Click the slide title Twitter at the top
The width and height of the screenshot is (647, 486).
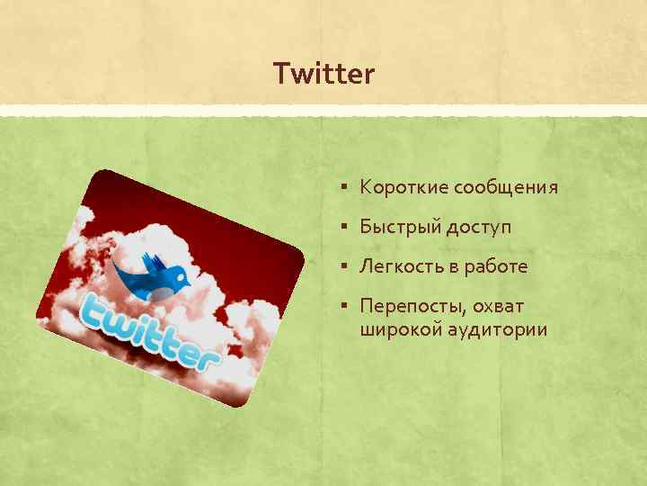tap(323, 74)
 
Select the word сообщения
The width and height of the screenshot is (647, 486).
tap(506, 188)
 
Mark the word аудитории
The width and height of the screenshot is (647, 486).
tap(497, 331)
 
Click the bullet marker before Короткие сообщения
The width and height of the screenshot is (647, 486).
tap(346, 189)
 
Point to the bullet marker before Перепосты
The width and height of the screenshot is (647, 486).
tap(346, 308)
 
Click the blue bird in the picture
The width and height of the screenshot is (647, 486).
tap(162, 280)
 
